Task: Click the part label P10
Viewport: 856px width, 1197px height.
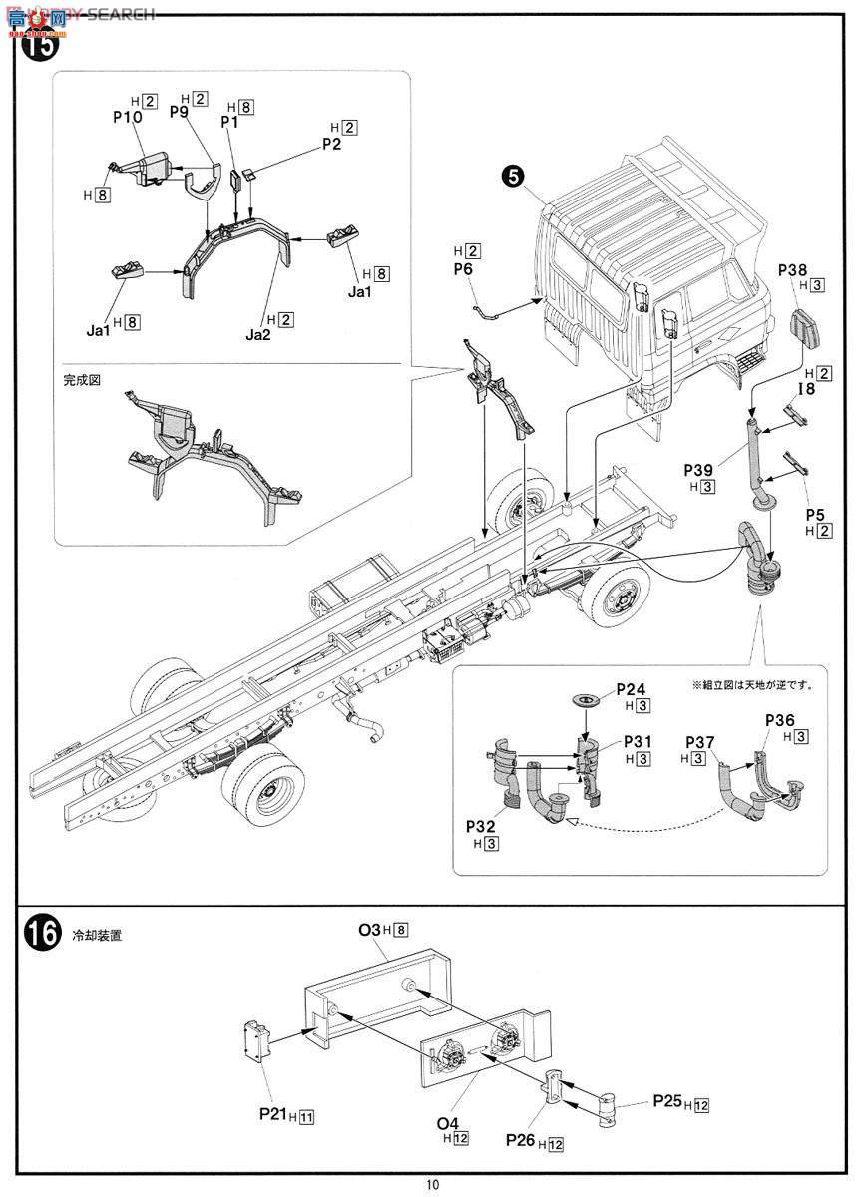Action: click(127, 116)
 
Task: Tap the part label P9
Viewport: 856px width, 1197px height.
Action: click(179, 112)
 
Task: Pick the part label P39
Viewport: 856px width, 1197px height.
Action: click(700, 469)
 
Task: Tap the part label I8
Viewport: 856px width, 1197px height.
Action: click(805, 389)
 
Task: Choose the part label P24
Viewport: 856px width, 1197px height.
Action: click(631, 688)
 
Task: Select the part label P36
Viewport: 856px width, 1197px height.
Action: click(780, 719)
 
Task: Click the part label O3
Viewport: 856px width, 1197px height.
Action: click(370, 930)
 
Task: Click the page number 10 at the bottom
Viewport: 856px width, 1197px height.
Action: click(431, 1184)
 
